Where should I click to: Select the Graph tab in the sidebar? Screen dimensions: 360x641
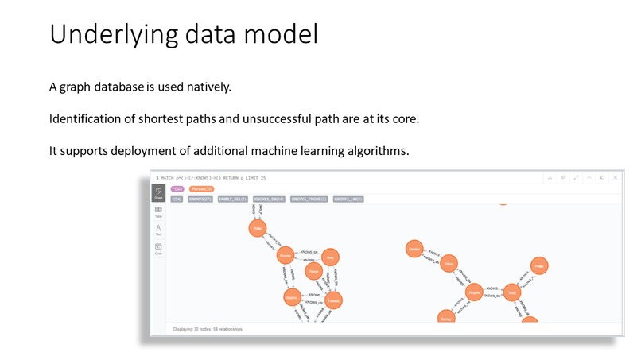[159, 192]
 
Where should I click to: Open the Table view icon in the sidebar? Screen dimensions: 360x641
[159, 211]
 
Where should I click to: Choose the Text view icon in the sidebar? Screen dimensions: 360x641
[159, 230]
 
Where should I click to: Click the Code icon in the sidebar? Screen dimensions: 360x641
[159, 249]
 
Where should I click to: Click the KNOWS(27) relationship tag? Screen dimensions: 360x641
[200, 199]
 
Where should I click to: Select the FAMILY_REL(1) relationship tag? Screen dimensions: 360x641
[232, 199]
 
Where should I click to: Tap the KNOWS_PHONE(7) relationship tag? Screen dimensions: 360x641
[309, 199]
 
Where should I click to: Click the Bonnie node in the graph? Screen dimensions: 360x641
[286, 256]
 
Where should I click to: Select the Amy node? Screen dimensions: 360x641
[332, 257]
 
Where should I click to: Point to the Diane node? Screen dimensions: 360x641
[313, 271]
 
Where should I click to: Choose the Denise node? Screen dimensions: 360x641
[414, 249]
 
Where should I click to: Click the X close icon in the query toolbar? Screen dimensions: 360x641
[615, 177]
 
